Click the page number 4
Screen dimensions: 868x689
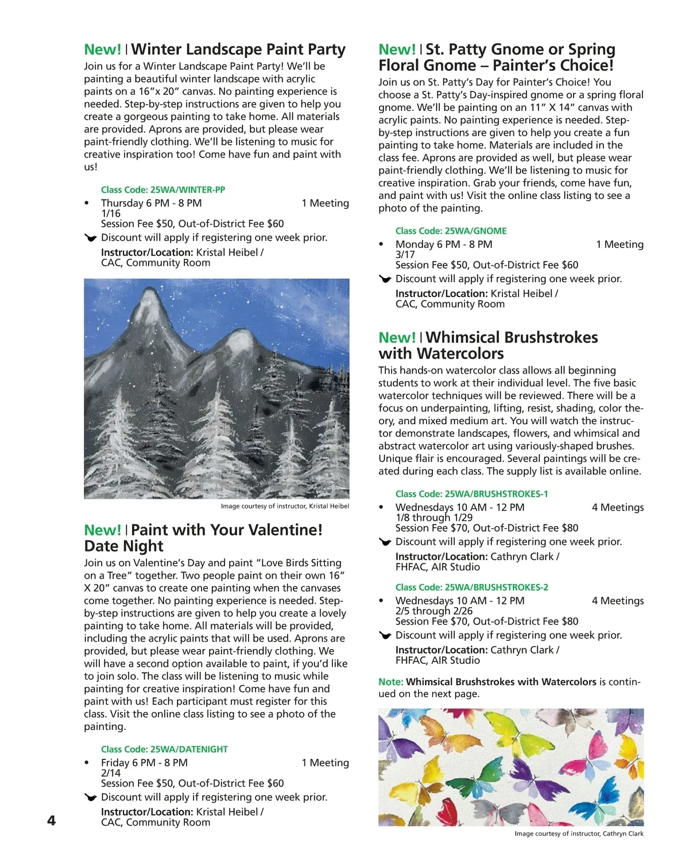click(x=51, y=820)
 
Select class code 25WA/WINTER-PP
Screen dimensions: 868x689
click(x=163, y=190)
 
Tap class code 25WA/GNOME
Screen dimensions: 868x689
click(x=451, y=231)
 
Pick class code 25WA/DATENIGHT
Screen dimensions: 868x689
click(x=164, y=750)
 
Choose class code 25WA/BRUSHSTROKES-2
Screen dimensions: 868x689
click(x=471, y=587)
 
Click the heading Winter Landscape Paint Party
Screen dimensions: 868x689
click(x=238, y=50)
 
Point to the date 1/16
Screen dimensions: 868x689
click(x=111, y=213)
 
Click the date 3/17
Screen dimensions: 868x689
click(x=405, y=255)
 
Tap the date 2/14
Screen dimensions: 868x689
click(x=111, y=773)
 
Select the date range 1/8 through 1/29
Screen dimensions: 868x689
click(x=434, y=518)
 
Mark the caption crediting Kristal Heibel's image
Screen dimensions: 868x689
click(x=285, y=506)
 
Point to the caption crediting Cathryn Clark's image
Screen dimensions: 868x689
click(x=579, y=834)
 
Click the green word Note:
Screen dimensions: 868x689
click(x=390, y=682)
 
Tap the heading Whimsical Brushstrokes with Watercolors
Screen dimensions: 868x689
click(x=488, y=345)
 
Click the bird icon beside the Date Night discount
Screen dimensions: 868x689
click(x=90, y=797)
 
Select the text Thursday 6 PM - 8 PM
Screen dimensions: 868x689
click(x=151, y=203)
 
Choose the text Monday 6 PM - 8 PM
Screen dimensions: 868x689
click(x=444, y=244)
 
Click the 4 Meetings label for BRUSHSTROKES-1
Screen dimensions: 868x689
click(x=617, y=508)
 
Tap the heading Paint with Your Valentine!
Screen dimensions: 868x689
click(x=226, y=531)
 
